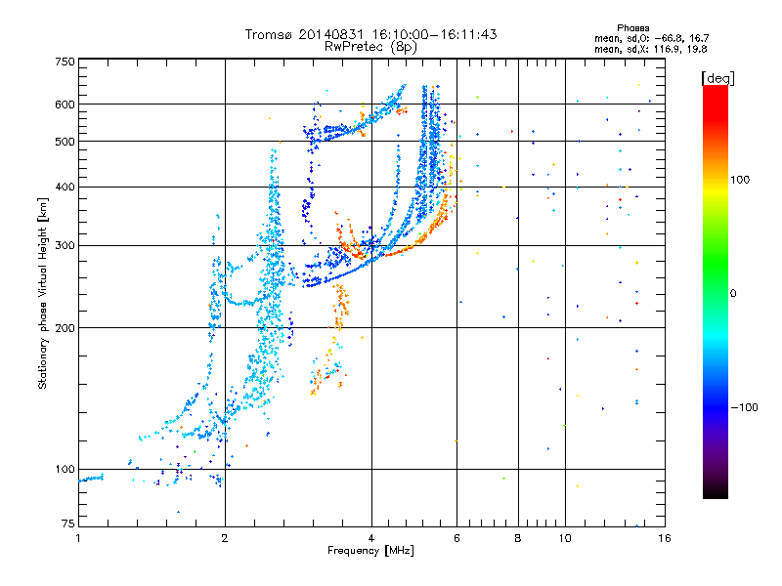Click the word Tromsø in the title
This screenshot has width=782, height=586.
[x=270, y=34]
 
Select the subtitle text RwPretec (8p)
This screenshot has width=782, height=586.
[x=370, y=47]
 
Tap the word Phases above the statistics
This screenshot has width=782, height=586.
[x=632, y=28]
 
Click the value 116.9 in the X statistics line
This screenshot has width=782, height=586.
[x=666, y=49]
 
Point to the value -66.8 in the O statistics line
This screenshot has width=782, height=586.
[x=667, y=38]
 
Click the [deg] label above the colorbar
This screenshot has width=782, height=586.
[x=717, y=78]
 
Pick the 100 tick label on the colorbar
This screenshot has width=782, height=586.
[x=740, y=180]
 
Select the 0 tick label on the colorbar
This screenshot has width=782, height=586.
[x=733, y=293]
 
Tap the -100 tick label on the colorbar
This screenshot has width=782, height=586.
[x=744, y=407]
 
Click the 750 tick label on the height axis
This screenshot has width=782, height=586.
[x=65, y=62]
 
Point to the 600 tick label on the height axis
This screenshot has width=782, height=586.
[x=65, y=105]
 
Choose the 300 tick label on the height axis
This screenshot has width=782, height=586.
[x=65, y=245]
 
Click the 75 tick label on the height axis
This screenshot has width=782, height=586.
[x=68, y=523]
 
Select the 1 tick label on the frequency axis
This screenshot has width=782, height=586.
[x=78, y=538]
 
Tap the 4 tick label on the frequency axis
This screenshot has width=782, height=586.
[x=371, y=538]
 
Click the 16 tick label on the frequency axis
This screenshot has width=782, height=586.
[x=665, y=538]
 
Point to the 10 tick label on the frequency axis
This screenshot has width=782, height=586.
[x=565, y=538]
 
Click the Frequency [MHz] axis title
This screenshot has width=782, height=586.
[x=370, y=551]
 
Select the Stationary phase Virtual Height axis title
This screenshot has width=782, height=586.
[x=43, y=294]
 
